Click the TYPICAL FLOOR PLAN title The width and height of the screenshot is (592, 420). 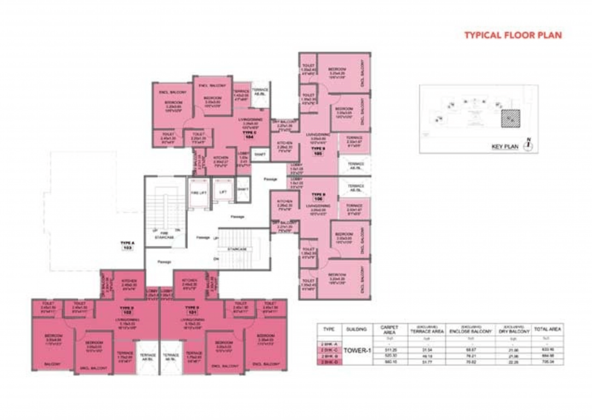coord(513,36)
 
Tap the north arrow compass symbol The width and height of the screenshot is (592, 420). coord(528,145)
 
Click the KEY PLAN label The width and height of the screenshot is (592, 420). coord(505,147)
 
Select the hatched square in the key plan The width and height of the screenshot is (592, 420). coord(510,118)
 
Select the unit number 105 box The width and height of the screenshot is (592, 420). coord(317,154)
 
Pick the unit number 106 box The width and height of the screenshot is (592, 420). coord(318,198)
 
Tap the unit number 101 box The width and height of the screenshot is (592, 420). coord(192,312)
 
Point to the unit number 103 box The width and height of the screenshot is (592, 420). coord(128,247)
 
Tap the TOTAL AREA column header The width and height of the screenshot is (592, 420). coord(547,330)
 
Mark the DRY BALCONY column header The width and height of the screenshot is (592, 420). coord(512,330)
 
